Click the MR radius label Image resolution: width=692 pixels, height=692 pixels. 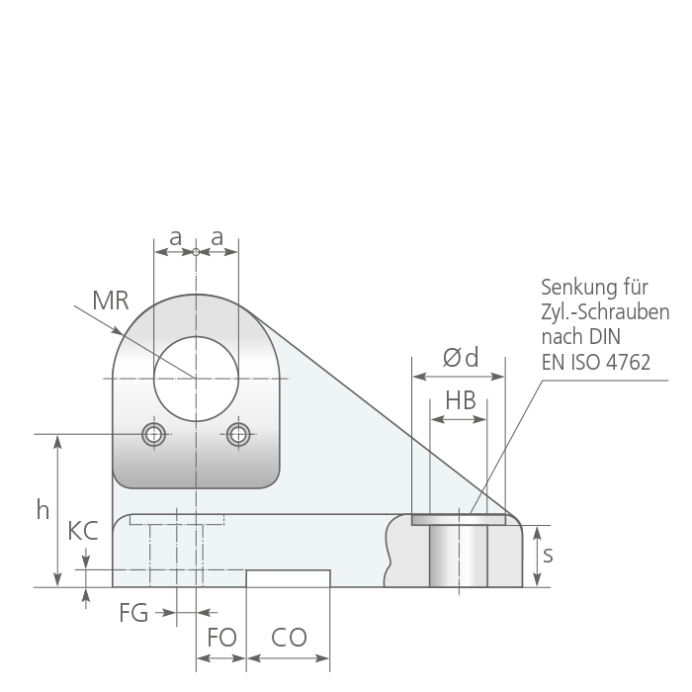pyautogui.click(x=111, y=301)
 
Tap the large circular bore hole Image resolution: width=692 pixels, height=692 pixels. pyautogui.click(x=196, y=379)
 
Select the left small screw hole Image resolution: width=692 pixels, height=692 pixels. pyautogui.click(x=153, y=434)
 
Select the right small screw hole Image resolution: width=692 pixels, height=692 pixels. pyautogui.click(x=238, y=434)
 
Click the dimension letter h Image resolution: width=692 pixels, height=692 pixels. pyautogui.click(x=43, y=510)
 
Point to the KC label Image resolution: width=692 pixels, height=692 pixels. pyautogui.click(x=83, y=531)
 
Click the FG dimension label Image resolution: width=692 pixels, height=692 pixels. pyautogui.click(x=133, y=613)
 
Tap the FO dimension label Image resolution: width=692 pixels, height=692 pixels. pyautogui.click(x=222, y=638)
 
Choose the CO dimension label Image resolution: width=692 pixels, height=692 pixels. pyautogui.click(x=289, y=638)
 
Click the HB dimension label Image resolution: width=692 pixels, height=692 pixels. pyautogui.click(x=461, y=400)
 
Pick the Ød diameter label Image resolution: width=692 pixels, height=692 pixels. pyautogui.click(x=461, y=358)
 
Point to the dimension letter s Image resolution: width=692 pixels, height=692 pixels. pyautogui.click(x=548, y=555)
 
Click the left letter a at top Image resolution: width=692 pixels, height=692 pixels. pyautogui.click(x=176, y=238)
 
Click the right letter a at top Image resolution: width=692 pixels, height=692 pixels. pyautogui.click(x=216, y=238)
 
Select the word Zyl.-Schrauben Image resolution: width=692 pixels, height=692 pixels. pyautogui.click(x=605, y=312)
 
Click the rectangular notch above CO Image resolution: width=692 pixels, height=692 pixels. pyautogui.click(x=289, y=578)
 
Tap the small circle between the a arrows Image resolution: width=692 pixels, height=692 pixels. pyautogui.click(x=196, y=252)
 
